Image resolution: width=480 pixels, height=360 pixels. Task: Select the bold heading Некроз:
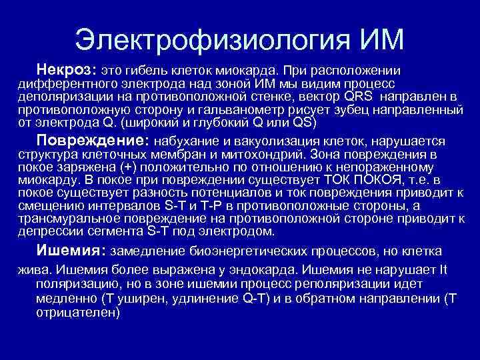tap(67, 70)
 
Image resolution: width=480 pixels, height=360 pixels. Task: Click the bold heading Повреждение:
tap(93, 141)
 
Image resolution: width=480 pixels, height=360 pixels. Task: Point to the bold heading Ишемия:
tap(71, 251)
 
